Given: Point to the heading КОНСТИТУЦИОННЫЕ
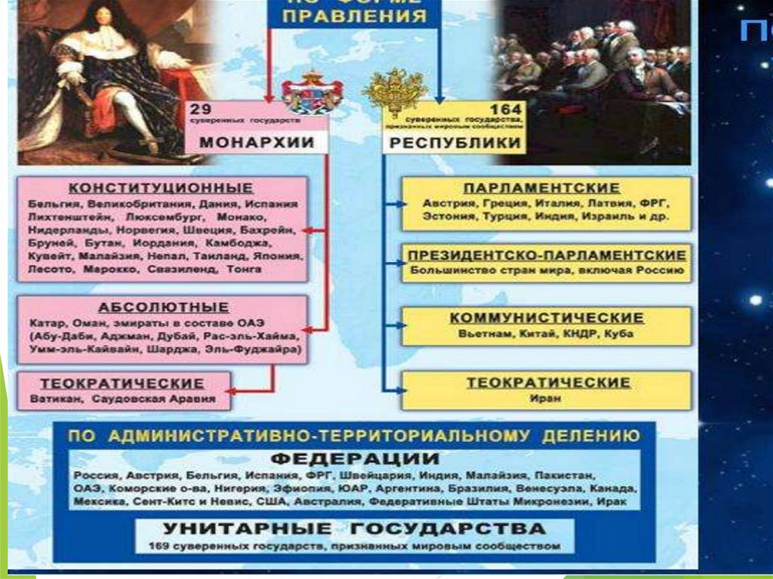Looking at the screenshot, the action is (x=161, y=188).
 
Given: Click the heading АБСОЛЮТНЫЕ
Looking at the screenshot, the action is (x=163, y=307).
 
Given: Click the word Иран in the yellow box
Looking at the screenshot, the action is (x=546, y=399).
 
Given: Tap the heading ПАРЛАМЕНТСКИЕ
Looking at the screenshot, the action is (x=541, y=188).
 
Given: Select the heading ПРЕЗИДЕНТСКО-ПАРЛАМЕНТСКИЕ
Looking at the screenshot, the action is (x=547, y=255).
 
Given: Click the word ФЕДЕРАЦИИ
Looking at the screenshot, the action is (x=354, y=459).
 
